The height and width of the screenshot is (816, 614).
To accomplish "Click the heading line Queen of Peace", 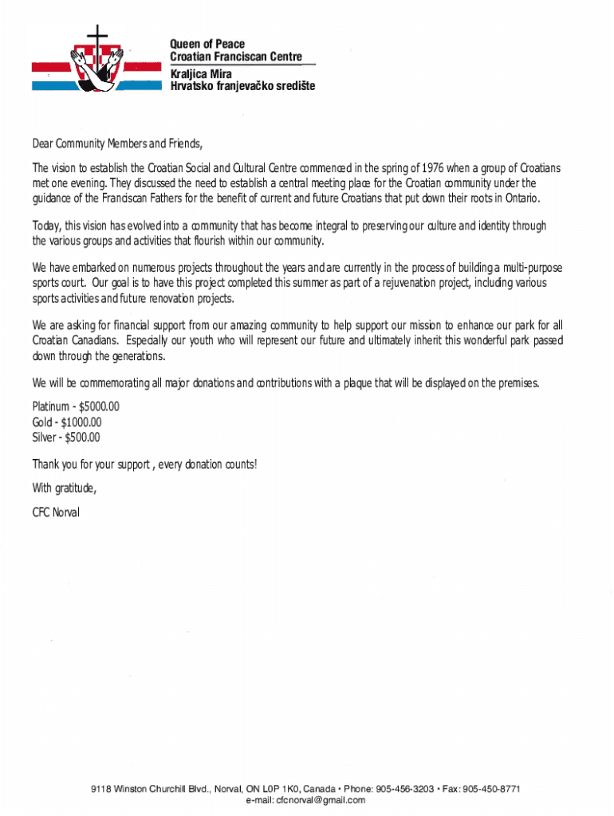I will coord(207,44).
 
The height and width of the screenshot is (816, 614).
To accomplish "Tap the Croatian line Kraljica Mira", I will coord(199,73).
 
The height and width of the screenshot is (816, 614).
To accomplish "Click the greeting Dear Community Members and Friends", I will coord(117,144).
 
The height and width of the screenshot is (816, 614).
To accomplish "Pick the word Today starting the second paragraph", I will coord(46,226).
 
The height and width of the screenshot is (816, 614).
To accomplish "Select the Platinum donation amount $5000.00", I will coord(99,407).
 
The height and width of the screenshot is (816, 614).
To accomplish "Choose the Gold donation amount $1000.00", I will coord(81,422).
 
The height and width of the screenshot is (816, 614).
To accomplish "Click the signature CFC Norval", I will coord(56,512).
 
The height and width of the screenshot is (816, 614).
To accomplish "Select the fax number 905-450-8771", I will coord(492,789).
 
